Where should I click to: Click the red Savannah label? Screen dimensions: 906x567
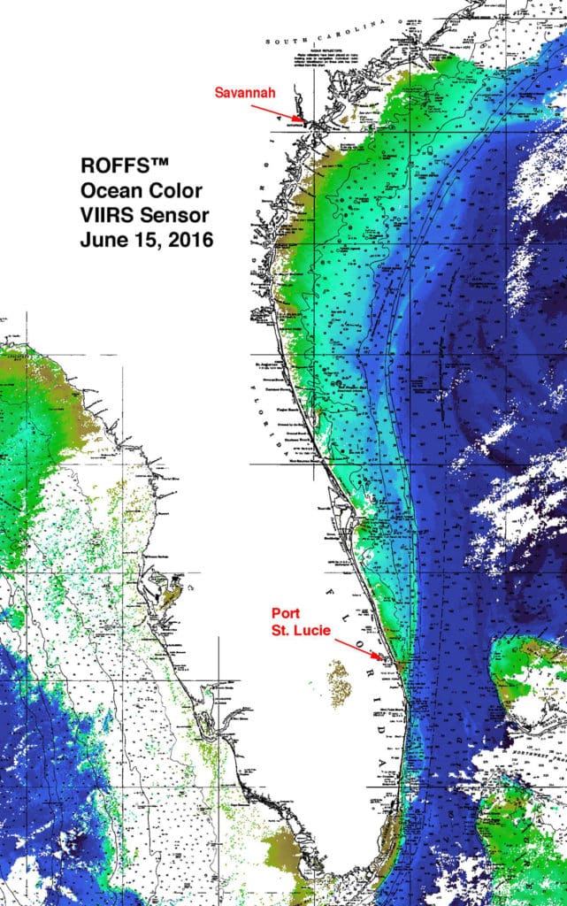(243, 91)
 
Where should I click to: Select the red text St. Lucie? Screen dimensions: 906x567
(300, 629)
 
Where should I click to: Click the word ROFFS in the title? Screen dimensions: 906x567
(107, 165)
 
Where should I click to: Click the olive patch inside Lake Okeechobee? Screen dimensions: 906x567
(339, 680)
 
